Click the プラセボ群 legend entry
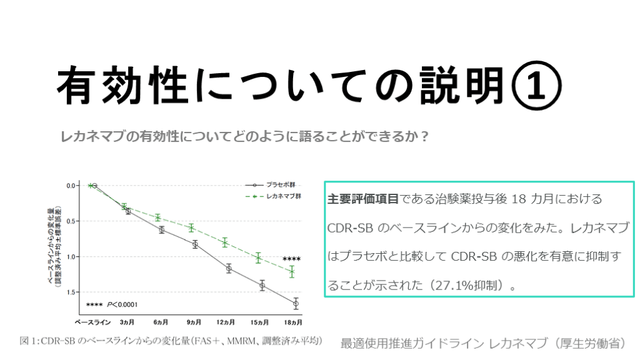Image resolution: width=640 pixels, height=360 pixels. [281, 185]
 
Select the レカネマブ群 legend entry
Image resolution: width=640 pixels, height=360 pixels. [283, 196]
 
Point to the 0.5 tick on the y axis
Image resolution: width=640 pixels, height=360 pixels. [71, 221]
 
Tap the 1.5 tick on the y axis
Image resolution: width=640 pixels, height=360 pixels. [71, 292]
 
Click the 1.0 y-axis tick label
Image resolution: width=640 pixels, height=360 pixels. [71, 256]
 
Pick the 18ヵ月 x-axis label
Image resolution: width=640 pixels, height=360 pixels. [292, 322]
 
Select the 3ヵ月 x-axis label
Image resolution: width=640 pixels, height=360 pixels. [127, 322]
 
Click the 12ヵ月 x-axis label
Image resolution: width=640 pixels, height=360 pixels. [226, 322]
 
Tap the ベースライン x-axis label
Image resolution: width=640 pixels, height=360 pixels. [92, 322]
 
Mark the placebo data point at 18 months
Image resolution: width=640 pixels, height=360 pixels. [295, 303]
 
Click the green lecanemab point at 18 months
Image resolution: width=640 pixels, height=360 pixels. [292, 271]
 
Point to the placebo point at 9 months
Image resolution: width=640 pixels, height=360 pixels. [195, 244]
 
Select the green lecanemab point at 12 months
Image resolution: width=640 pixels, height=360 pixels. [225, 242]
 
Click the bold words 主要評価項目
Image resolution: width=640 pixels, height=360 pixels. [363, 199]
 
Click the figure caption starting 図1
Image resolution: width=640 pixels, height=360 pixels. [171, 341]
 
